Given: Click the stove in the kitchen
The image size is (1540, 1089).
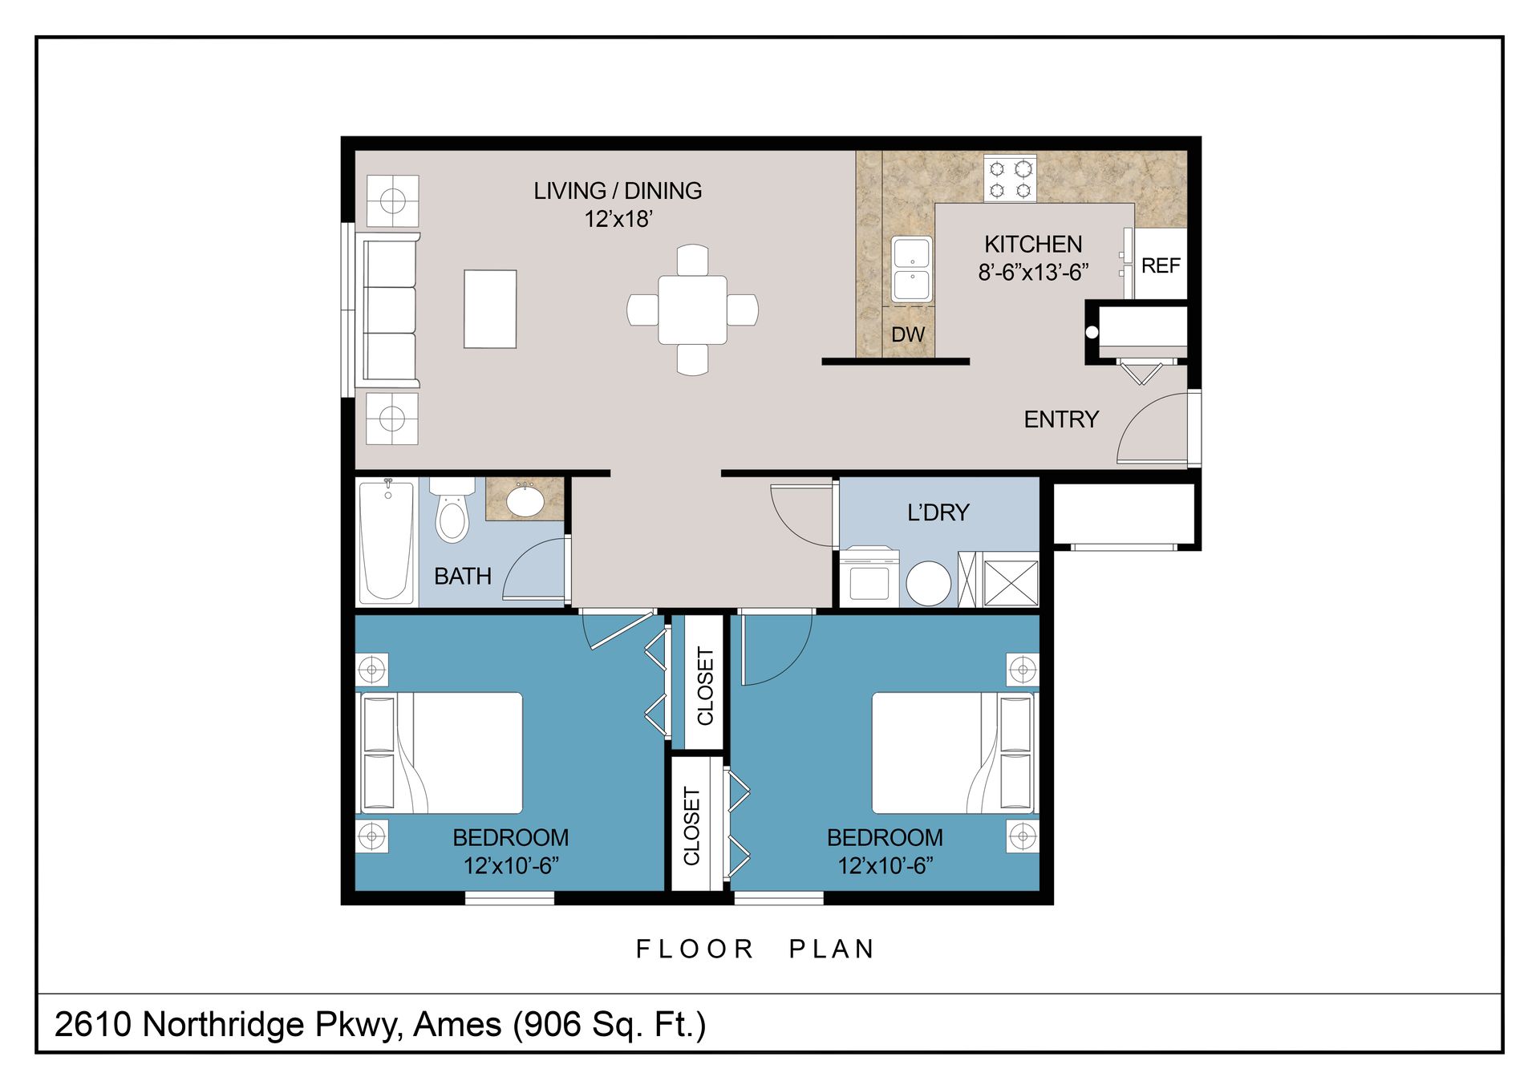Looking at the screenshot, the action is click(1010, 178).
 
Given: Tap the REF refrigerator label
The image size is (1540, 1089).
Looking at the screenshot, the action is click(1161, 265).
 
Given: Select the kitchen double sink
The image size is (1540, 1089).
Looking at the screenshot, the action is click(912, 269).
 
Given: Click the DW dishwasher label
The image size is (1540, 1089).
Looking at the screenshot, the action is click(908, 334).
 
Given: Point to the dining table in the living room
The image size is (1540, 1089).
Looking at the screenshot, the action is click(693, 310).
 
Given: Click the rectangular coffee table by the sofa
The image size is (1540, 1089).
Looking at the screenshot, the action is click(490, 309).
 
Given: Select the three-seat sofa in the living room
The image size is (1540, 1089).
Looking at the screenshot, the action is click(391, 310).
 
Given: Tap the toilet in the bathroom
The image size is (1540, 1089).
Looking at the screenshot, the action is click(452, 510).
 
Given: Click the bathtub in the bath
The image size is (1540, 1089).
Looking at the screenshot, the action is click(387, 541).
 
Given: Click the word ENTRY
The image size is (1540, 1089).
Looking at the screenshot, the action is click(1061, 419).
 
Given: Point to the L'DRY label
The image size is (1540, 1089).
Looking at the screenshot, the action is click(938, 512).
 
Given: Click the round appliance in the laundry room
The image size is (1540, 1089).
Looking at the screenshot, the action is click(929, 583).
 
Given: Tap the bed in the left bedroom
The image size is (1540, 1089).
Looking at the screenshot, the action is click(441, 753).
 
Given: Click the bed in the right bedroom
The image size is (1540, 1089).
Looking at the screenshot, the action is click(954, 753).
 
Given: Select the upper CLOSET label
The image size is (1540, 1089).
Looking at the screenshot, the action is click(705, 686).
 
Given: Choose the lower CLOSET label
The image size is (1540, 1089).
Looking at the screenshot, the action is click(691, 826).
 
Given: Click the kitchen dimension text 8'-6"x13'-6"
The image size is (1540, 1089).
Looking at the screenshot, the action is click(1033, 273).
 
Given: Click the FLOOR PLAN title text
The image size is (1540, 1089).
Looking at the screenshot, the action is click(754, 949).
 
